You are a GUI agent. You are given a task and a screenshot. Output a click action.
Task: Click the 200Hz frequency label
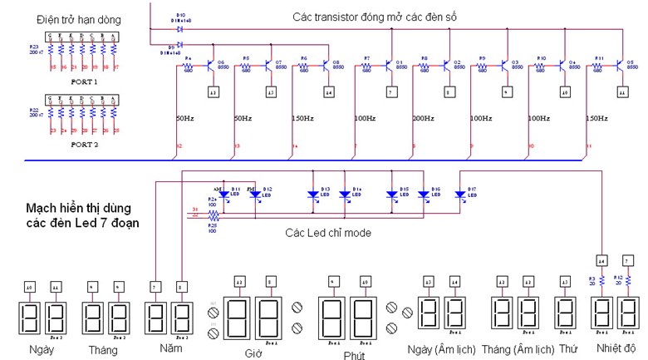tap(423, 119)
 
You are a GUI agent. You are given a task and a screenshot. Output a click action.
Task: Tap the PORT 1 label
tap(84, 82)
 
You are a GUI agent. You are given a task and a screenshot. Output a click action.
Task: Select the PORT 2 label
tap(84, 144)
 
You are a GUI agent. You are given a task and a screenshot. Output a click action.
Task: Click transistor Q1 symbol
tap(390, 64)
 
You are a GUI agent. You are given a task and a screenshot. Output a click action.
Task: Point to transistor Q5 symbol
tap(622, 64)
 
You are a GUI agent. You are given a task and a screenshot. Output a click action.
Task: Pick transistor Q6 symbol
tap(211, 64)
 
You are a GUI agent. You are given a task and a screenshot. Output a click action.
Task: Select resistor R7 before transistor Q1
tap(367, 65)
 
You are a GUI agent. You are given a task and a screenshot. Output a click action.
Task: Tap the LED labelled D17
tap(460, 195)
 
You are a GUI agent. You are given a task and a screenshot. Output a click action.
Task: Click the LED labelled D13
tap(313, 195)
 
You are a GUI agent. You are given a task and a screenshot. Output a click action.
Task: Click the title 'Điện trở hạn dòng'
tap(79, 18)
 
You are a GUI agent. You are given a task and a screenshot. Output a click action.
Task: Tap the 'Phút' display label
tap(354, 354)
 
